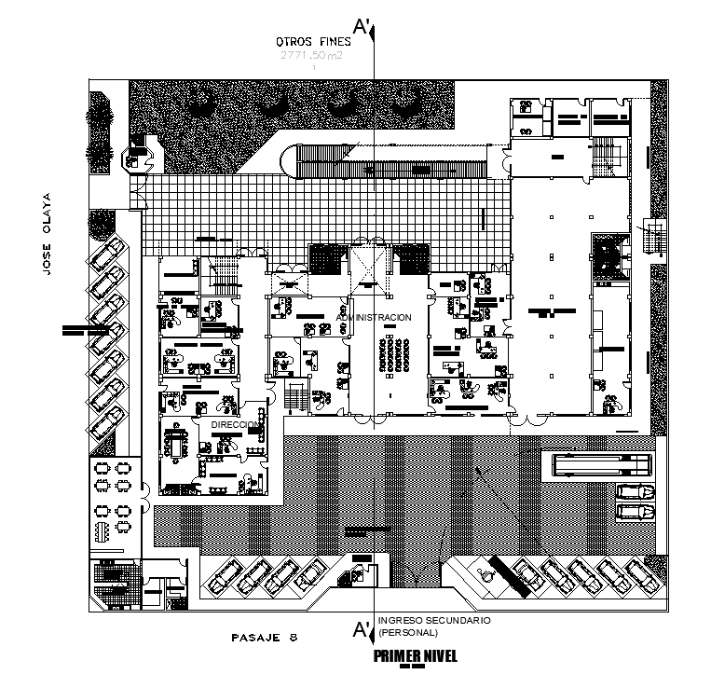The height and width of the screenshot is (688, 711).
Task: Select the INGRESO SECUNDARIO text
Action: pyautogui.click(x=434, y=620)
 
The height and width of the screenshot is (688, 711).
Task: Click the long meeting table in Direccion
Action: pyautogui.click(x=175, y=445)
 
